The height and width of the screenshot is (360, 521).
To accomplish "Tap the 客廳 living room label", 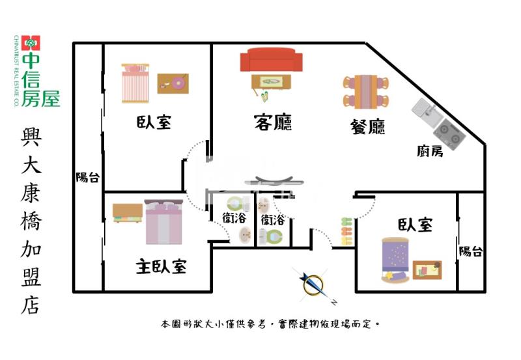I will click(x=272, y=122).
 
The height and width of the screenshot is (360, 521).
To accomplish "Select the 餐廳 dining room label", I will click(x=367, y=126).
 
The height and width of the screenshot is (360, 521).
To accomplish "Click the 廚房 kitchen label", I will click(x=430, y=152).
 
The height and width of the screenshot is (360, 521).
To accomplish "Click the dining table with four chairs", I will click(x=365, y=92).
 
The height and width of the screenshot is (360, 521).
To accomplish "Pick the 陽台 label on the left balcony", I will click(x=87, y=177).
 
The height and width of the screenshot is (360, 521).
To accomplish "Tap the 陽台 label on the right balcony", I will click(x=470, y=251).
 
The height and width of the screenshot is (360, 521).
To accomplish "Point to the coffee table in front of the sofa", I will click(x=272, y=82).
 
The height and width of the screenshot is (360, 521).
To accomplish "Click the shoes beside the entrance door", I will click(x=345, y=231).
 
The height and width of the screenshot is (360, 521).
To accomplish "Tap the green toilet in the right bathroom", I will click(x=274, y=235).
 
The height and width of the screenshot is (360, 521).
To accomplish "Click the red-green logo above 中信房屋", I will click(x=31, y=43).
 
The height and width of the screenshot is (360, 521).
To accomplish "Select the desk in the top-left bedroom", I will click(x=173, y=83).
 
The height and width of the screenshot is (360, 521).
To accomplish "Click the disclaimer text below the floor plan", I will click(x=270, y=324).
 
